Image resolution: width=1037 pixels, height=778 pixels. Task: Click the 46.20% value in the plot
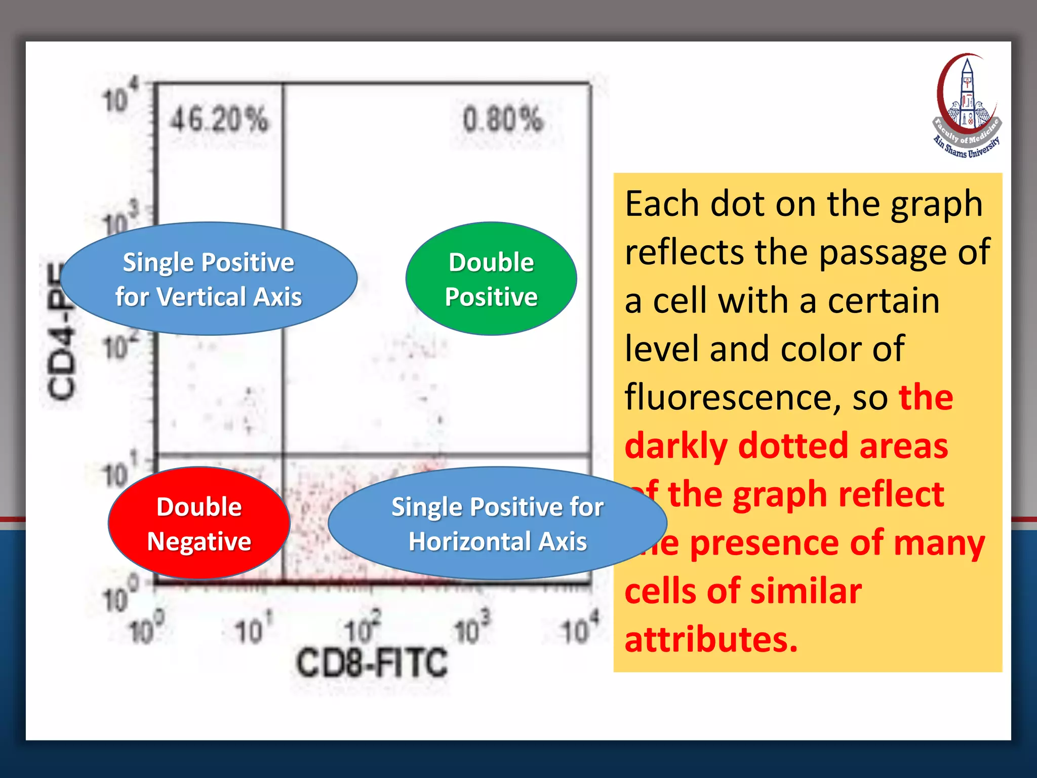[219, 121]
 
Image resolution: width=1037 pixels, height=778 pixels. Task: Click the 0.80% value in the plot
[502, 121]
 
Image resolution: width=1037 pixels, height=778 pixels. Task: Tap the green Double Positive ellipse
[491, 279]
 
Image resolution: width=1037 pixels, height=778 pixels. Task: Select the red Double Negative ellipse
[199, 523]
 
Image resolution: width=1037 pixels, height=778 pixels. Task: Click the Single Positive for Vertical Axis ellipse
[209, 279]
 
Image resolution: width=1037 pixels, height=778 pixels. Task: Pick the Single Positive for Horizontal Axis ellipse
[497, 523]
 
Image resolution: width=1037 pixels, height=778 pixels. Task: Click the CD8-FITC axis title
[372, 663]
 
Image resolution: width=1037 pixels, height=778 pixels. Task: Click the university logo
[967, 106]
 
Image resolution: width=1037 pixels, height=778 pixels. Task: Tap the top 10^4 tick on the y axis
[119, 96]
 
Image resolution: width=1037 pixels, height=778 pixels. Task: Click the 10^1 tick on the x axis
[253, 630]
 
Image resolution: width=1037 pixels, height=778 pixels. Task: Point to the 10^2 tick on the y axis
[119, 345]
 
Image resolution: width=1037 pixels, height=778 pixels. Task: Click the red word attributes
[711, 639]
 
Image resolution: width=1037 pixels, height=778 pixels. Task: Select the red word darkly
[675, 446]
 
